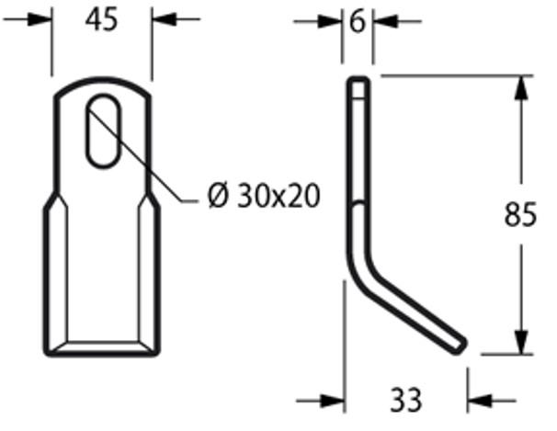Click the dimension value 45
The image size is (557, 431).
point(102,20)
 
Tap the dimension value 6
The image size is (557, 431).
point(358,21)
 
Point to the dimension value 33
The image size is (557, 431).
point(405,400)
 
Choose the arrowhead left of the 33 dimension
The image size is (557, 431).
point(331,400)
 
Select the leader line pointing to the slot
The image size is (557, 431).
point(152,165)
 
